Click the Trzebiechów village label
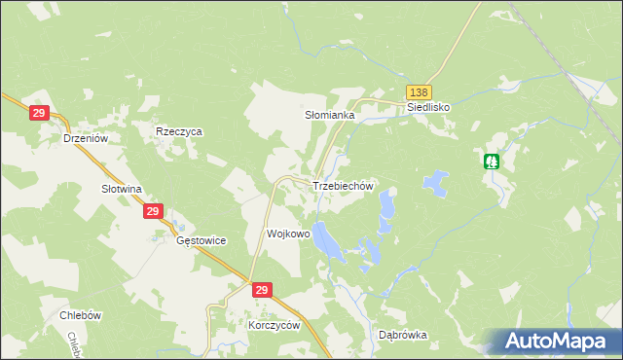(x=343, y=186)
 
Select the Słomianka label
(x=330, y=115)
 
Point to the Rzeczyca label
(x=179, y=130)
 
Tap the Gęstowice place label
(x=202, y=239)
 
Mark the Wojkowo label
(x=288, y=234)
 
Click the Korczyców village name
(x=275, y=326)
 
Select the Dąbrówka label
(x=403, y=335)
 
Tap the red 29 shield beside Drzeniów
(x=40, y=114)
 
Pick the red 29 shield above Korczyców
(x=261, y=290)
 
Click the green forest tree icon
(x=493, y=161)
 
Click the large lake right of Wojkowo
(x=326, y=241)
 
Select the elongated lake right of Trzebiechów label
(x=387, y=204)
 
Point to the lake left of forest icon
(x=434, y=181)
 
